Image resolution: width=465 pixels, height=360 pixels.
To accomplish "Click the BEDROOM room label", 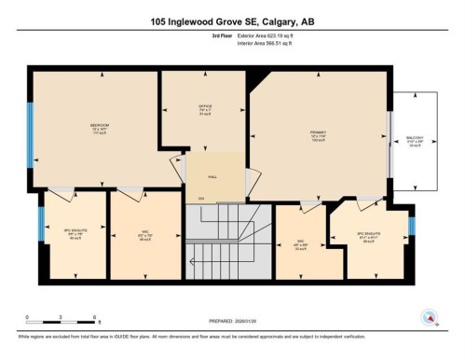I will coord(99,125).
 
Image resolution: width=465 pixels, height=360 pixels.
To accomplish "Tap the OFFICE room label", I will coord(205,106).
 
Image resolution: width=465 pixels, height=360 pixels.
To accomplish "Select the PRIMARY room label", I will coord(317,132).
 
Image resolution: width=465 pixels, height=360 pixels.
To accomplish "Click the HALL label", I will coord(212,175).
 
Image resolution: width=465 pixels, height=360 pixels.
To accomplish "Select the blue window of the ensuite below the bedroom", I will coord(41,224).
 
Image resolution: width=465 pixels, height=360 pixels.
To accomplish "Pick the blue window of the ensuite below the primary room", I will coord(411,226).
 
